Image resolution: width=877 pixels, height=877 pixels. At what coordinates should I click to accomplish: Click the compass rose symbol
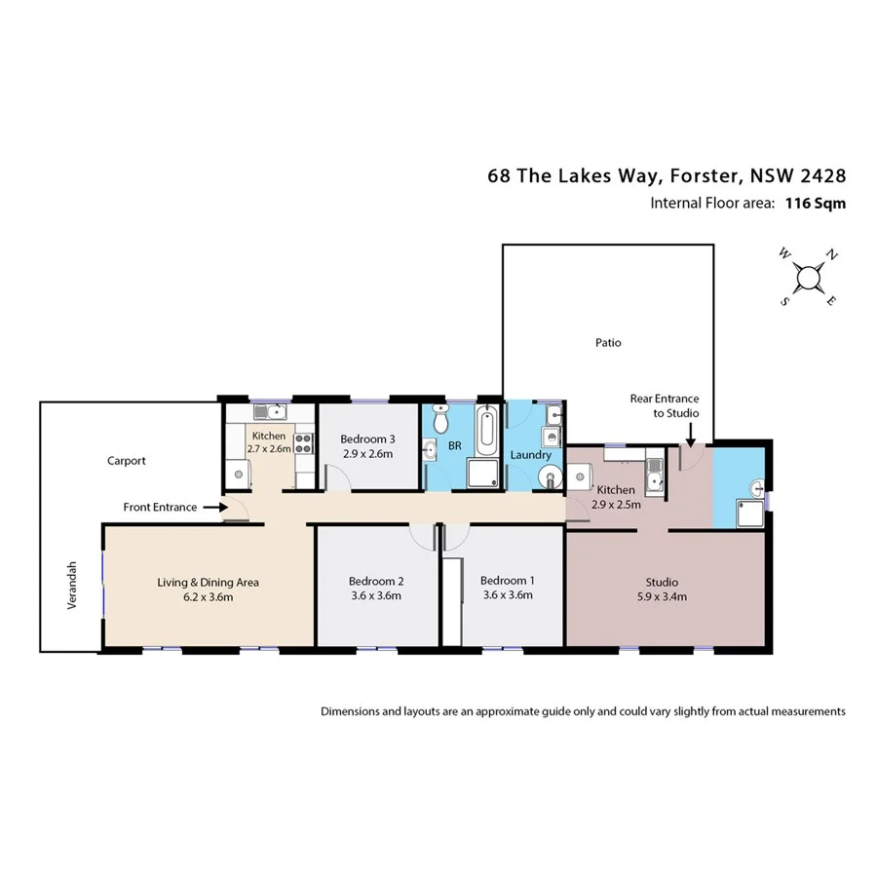point(808,278)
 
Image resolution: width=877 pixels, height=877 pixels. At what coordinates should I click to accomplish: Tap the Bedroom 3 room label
point(367,439)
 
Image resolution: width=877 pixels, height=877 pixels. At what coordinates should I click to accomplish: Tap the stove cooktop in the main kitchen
point(303,443)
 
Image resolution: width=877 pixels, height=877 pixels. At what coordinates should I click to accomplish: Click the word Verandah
point(71,591)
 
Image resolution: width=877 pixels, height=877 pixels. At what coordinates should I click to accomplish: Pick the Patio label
point(608,342)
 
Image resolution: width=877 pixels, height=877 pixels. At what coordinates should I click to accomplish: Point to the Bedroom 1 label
point(507,581)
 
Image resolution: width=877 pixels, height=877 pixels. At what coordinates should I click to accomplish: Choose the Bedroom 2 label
point(375,582)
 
